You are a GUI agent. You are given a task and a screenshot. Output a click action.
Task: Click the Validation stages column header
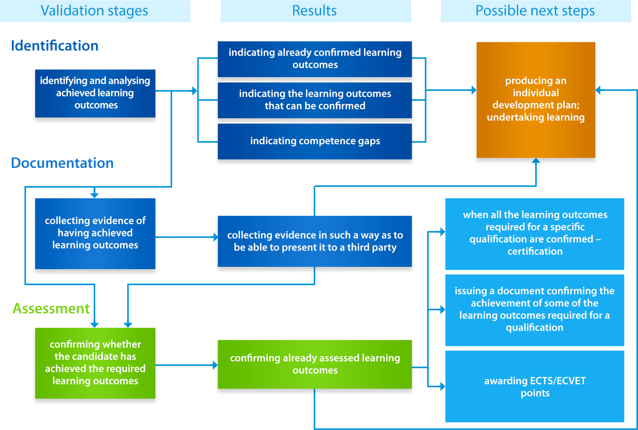(94, 11)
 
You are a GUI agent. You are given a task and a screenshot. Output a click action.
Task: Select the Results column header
(315, 11)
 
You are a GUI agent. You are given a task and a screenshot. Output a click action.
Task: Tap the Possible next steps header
(535, 11)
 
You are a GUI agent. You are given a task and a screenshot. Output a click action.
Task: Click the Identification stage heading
(55, 46)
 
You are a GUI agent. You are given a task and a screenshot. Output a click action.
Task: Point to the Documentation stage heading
(62, 163)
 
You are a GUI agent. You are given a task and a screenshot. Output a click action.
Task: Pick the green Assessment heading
(51, 308)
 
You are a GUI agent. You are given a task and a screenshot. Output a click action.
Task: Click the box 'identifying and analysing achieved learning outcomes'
(95, 93)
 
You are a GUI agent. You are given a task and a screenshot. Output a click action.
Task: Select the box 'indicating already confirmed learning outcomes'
(315, 59)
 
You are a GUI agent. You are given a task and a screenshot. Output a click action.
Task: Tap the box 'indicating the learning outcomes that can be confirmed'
(315, 100)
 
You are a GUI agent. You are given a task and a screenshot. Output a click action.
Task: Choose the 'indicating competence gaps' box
(315, 141)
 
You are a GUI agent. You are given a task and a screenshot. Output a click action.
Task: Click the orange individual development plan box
(536, 100)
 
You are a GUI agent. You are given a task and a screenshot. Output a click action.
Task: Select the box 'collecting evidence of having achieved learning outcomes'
(95, 233)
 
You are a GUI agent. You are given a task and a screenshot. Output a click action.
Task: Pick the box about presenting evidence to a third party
(315, 241)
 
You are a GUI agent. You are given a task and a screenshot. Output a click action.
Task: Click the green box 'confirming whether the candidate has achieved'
(95, 363)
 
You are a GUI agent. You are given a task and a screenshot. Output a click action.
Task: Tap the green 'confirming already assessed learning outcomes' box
(315, 364)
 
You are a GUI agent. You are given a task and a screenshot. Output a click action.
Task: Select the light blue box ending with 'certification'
(535, 234)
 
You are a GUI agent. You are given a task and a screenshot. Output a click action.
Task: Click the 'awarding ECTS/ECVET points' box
(535, 387)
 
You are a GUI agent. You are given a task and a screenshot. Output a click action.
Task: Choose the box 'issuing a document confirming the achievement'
(535, 310)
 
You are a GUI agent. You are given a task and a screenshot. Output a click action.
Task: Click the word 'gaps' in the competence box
(369, 141)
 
